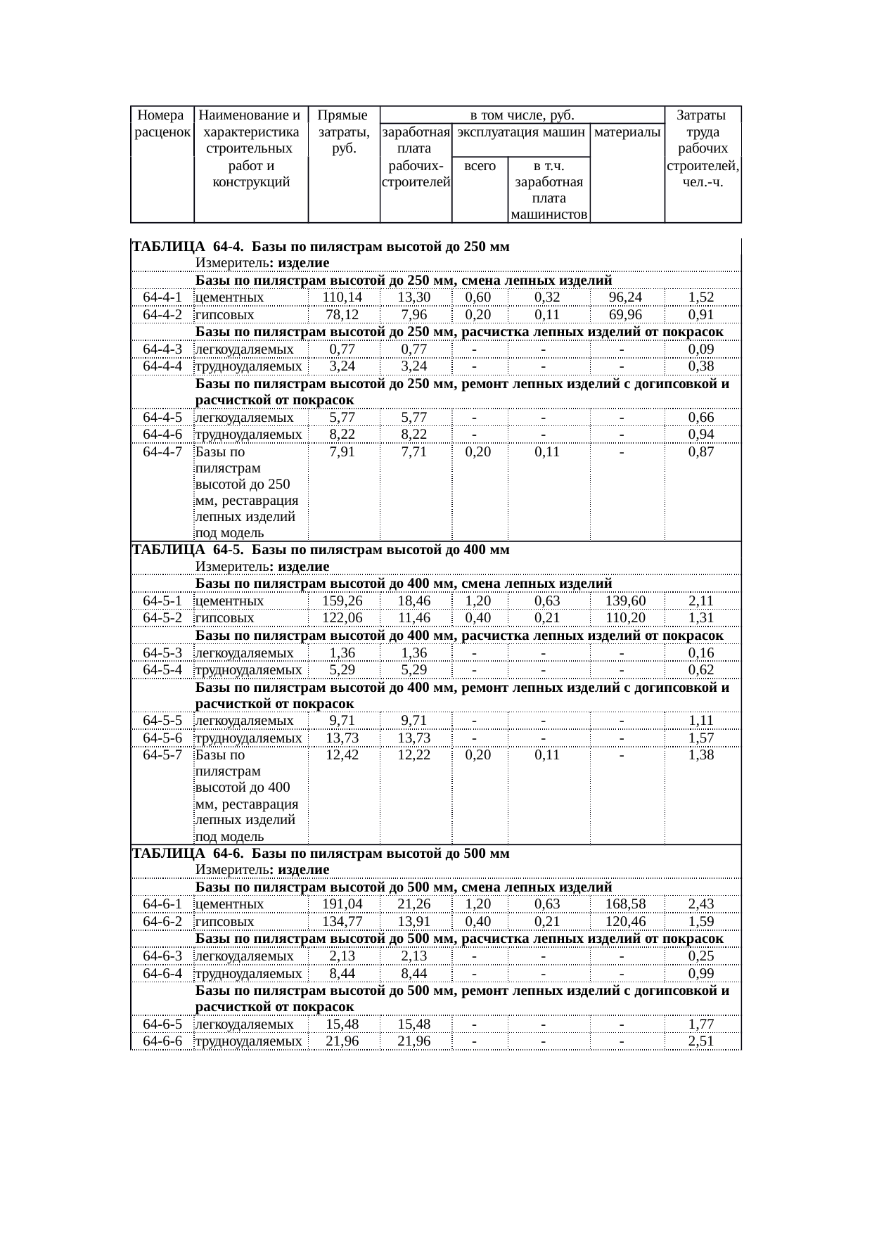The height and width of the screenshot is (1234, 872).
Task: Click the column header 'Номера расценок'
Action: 162,123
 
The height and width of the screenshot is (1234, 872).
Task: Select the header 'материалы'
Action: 627,131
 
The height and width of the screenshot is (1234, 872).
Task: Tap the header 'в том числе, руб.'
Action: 522,115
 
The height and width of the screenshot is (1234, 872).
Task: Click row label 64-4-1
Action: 162,297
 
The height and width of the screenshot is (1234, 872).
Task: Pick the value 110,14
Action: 342,297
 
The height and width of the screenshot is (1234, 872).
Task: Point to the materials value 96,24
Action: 625,297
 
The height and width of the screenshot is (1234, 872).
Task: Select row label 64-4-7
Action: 162,452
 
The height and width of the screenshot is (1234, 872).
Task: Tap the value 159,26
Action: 342,601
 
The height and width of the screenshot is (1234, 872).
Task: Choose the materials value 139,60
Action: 625,601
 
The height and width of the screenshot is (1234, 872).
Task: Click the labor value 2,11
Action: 701,601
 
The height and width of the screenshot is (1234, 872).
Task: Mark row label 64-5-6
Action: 162,738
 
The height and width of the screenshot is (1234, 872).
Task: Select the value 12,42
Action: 342,755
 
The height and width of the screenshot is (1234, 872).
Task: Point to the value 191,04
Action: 342,904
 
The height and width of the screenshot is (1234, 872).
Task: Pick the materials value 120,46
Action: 625,921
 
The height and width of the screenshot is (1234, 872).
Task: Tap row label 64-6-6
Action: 162,1041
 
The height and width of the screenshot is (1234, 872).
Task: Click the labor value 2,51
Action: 701,1041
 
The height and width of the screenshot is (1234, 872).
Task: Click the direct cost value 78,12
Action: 342,314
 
